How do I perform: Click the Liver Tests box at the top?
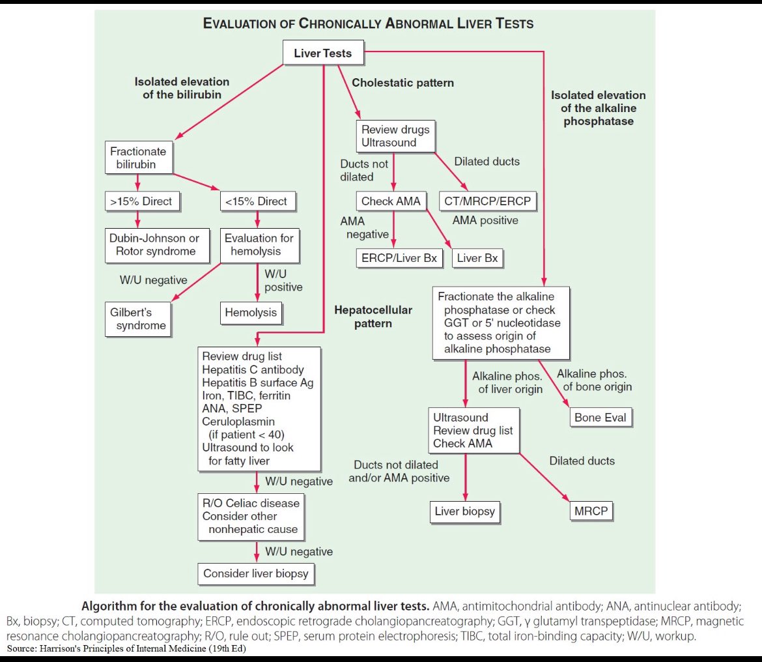[x=322, y=53]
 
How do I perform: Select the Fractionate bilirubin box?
[x=139, y=158]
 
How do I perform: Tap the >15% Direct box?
[x=141, y=201]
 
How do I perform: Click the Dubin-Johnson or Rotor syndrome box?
[x=154, y=244]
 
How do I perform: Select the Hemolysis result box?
[x=251, y=313]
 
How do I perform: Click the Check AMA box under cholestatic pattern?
[x=391, y=201]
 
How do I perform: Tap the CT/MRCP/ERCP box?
[x=488, y=201]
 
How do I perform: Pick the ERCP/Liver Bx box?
[x=399, y=258]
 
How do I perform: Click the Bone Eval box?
[x=600, y=417]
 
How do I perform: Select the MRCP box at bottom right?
[x=591, y=511]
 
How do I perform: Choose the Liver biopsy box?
[x=465, y=511]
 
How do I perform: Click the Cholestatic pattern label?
[x=402, y=83]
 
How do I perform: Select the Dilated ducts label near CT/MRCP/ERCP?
[x=486, y=162]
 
